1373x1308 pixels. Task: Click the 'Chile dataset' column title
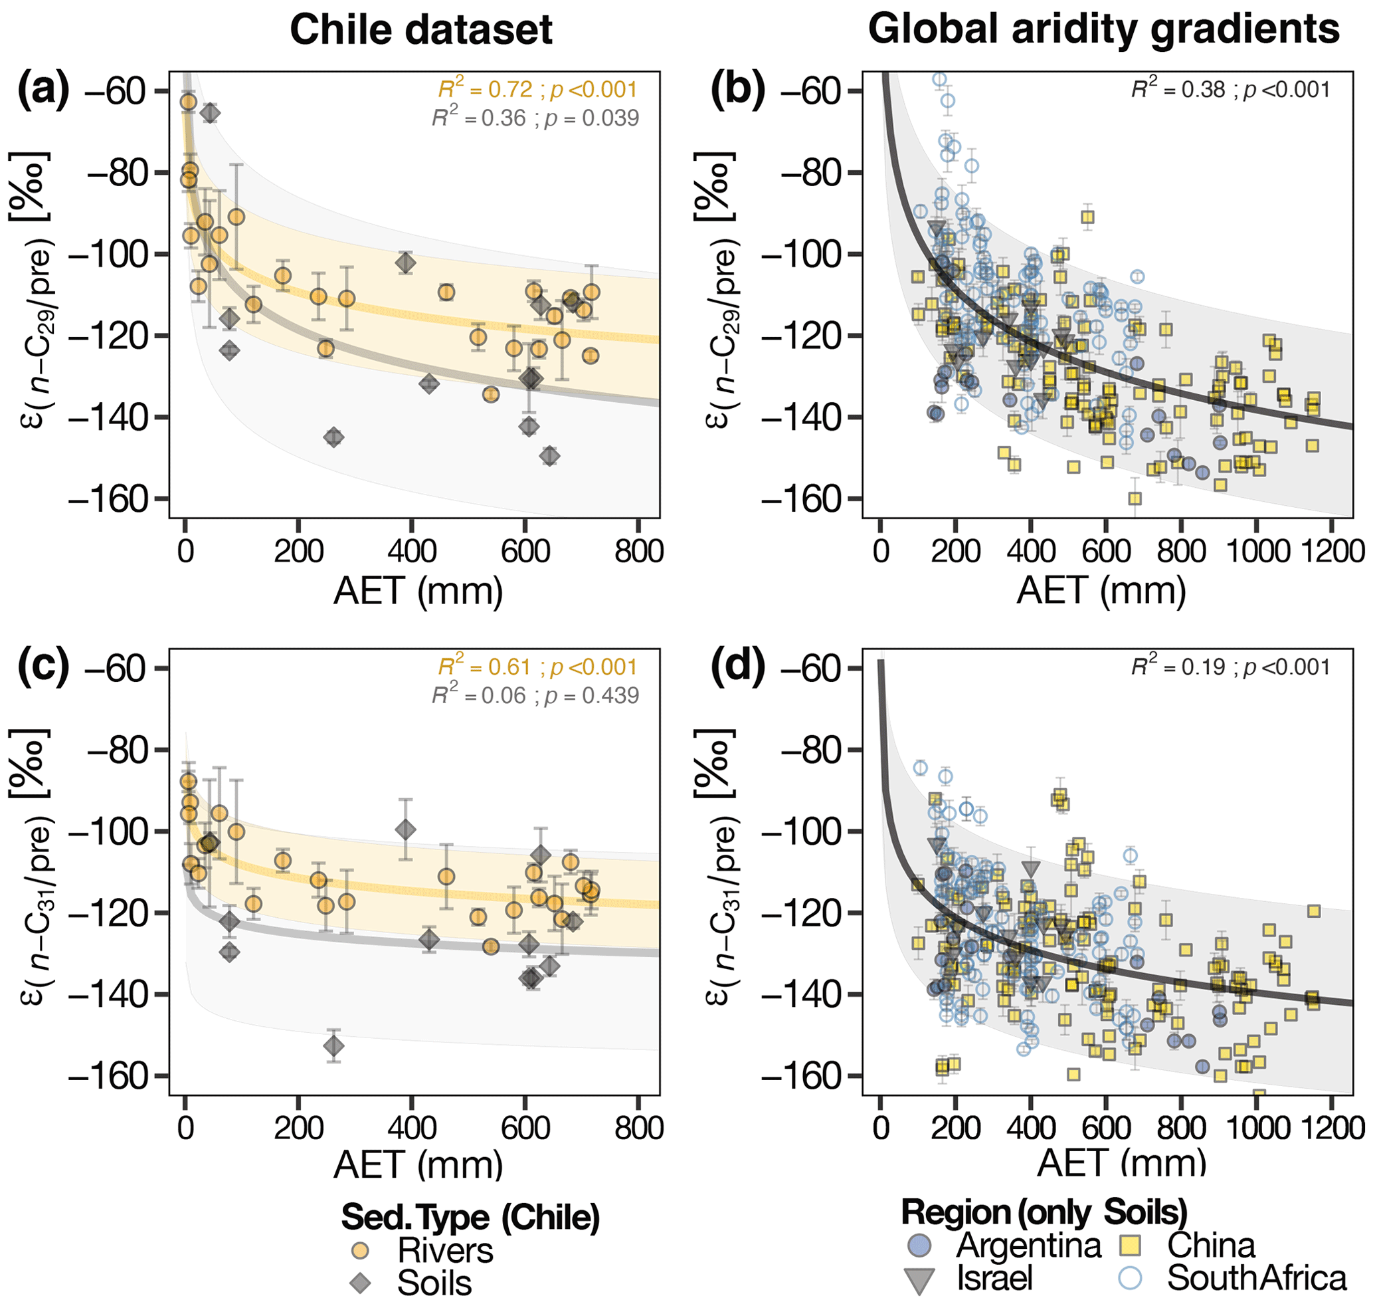pos(420,30)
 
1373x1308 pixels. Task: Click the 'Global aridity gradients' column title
pos(1103,30)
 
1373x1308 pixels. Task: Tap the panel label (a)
pos(43,90)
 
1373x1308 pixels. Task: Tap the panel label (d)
pos(737,667)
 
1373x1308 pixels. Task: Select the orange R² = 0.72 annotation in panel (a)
pos(537,89)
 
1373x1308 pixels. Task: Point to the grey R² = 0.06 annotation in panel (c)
pos(535,695)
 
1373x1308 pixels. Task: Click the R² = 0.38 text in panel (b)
pos(1230,89)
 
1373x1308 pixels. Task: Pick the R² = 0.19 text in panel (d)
pos(1230,667)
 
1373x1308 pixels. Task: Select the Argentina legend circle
pos(919,1246)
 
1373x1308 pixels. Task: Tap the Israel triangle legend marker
pos(919,1279)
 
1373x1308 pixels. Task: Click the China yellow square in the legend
pos(1130,1246)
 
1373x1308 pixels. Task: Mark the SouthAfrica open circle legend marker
pos(1130,1278)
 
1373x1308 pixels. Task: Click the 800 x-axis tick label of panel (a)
pos(638,552)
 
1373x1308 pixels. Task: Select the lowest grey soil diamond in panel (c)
pos(333,1046)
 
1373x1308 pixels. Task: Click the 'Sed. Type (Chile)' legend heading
pos(470,1218)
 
